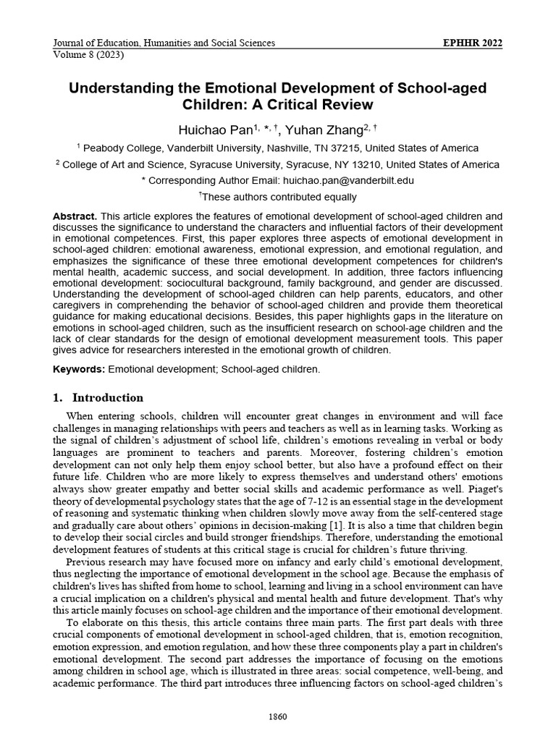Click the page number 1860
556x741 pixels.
tap(278, 717)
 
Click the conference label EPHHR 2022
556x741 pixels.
tap(472, 43)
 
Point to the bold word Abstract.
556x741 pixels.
tap(75, 216)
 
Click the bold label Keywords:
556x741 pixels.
tap(80, 369)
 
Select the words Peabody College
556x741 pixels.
tap(122, 148)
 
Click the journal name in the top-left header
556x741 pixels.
tap(164, 43)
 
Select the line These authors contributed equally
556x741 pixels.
tap(277, 197)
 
